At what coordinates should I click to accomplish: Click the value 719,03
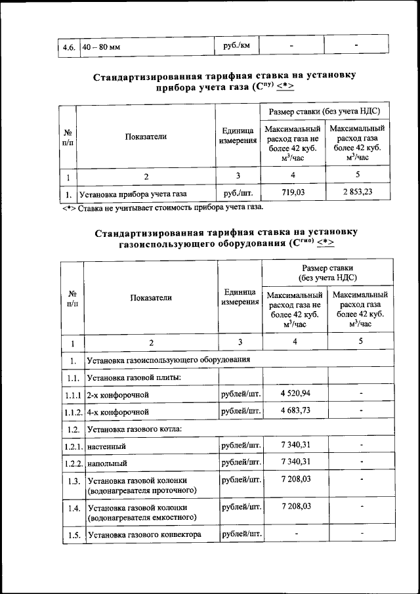click(293, 194)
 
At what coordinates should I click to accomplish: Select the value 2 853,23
click(357, 194)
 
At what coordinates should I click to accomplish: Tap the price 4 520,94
click(295, 394)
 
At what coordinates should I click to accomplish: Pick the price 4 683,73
click(295, 412)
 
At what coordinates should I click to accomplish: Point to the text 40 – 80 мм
click(101, 47)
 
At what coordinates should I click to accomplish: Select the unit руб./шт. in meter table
click(238, 194)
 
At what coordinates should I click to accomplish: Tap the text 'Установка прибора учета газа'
click(133, 194)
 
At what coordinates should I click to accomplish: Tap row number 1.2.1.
click(72, 447)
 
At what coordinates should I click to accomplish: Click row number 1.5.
click(72, 535)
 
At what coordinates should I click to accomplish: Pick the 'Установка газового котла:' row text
click(135, 429)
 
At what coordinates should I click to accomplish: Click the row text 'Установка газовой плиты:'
click(134, 377)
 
